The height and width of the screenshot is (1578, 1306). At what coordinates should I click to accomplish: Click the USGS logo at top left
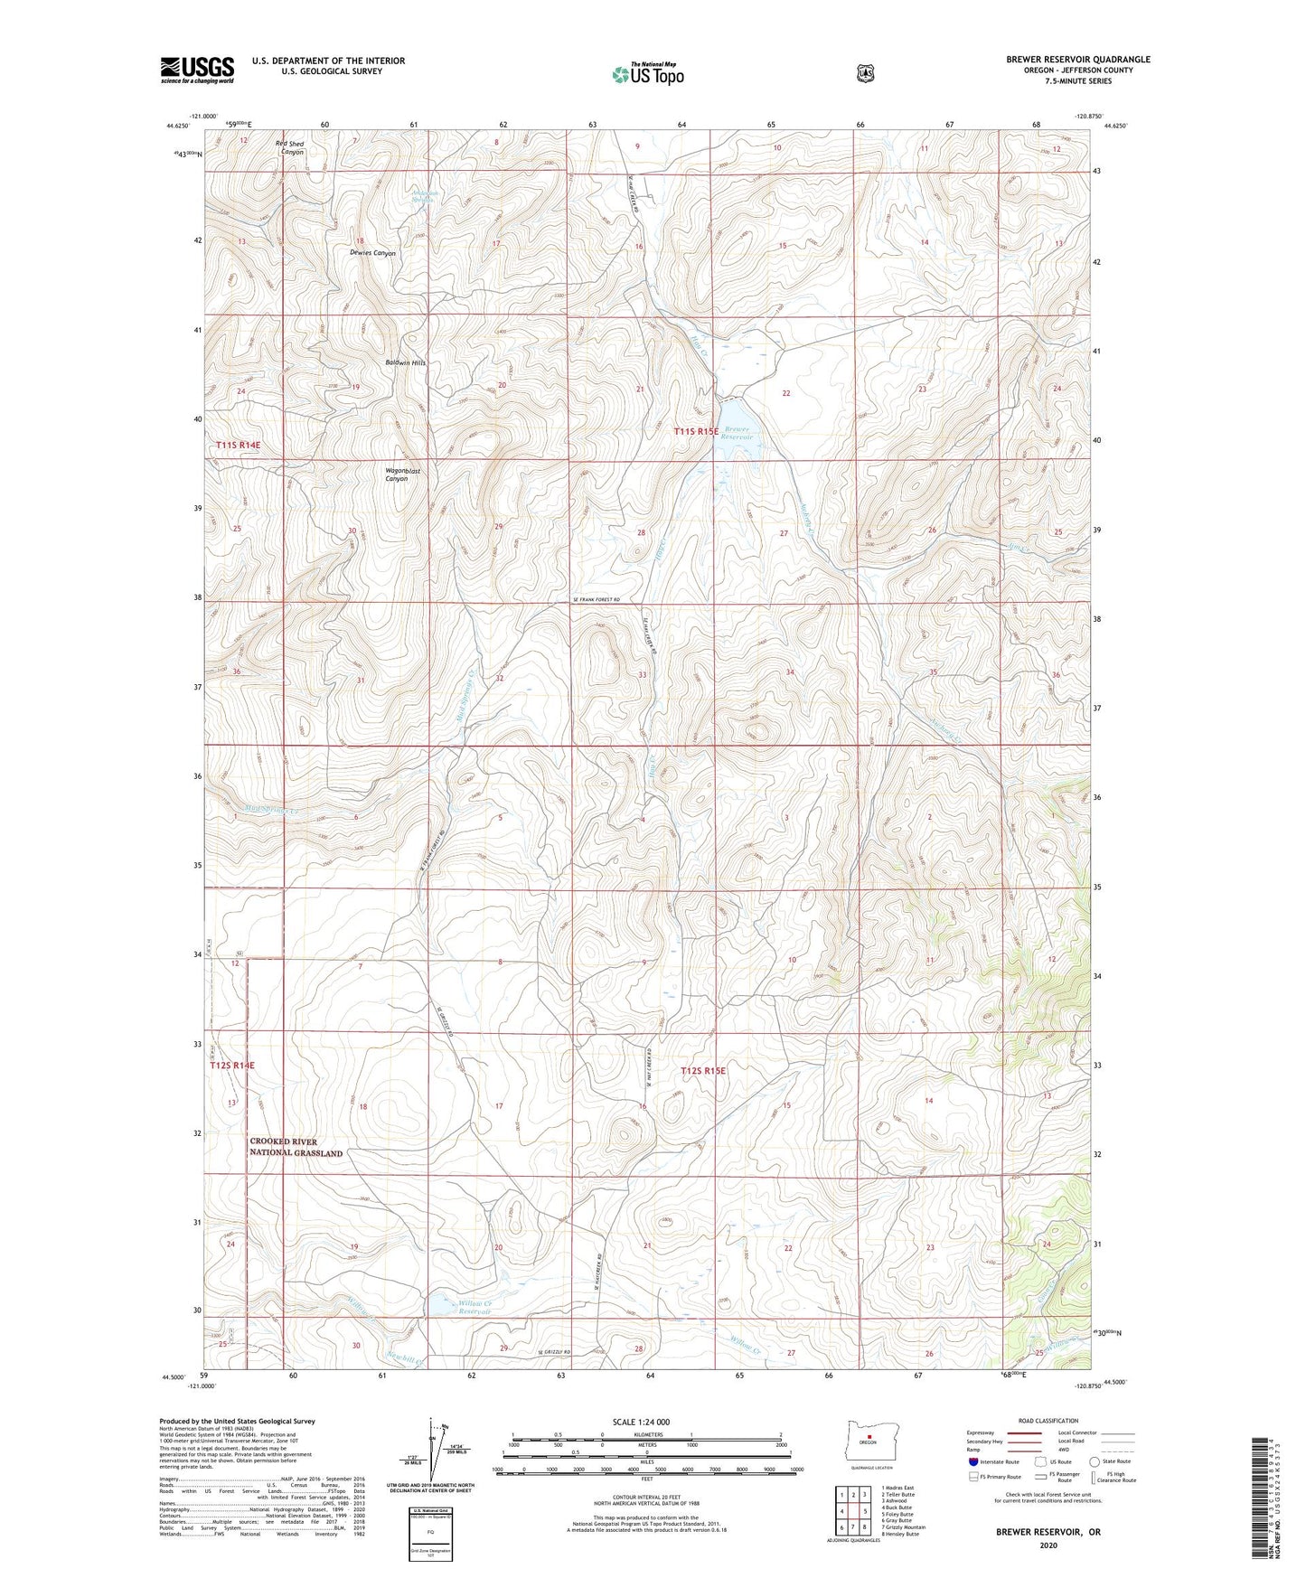click(197, 70)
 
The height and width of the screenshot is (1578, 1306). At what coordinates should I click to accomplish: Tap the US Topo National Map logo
click(646, 73)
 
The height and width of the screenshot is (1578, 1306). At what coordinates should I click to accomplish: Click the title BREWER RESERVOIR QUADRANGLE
click(1077, 60)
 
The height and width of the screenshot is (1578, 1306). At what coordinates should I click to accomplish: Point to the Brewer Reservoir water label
click(738, 433)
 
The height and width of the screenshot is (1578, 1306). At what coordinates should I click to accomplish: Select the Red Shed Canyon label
click(291, 148)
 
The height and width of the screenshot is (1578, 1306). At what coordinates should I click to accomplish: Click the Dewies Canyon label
click(372, 254)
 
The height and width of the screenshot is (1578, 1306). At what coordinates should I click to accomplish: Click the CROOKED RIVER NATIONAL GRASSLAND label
click(296, 1147)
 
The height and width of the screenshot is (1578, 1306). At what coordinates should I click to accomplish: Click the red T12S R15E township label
click(703, 1071)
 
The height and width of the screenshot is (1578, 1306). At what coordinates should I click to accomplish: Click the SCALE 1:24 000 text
click(641, 1422)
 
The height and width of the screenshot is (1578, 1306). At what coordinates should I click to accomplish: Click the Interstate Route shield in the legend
click(972, 1461)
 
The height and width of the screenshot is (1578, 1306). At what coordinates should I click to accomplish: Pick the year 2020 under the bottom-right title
click(1048, 1545)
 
